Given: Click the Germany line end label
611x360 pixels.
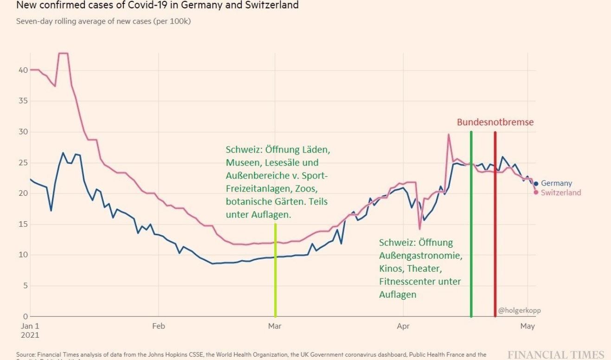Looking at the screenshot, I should [x=556, y=183].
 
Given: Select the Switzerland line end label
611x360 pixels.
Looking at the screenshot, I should [x=560, y=193].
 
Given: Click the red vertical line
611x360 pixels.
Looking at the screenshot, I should [x=495, y=223].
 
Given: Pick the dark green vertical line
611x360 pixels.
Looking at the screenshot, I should [x=471, y=223].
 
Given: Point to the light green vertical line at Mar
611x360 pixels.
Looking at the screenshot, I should [x=275, y=269].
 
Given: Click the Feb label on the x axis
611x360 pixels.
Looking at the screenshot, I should [x=159, y=326].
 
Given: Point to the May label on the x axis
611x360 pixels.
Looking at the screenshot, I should [x=527, y=326].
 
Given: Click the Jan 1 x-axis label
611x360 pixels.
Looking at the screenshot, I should [x=30, y=326].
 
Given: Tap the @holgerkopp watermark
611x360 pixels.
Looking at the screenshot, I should [x=519, y=310].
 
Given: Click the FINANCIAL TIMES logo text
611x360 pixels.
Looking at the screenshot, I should [x=556, y=355].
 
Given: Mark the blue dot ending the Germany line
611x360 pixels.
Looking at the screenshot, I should [x=536, y=184].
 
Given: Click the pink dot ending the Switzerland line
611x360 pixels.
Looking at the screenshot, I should [x=536, y=192].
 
